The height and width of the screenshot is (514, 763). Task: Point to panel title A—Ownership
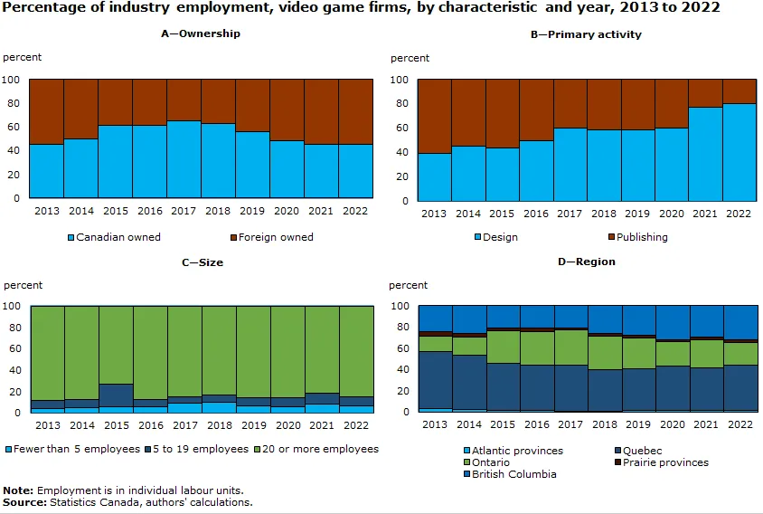[x=202, y=34]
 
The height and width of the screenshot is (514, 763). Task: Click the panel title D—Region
[x=586, y=262]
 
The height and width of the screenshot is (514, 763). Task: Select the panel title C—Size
[x=202, y=262]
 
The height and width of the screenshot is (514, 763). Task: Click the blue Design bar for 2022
[x=739, y=152]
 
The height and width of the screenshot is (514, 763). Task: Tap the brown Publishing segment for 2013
[x=435, y=116]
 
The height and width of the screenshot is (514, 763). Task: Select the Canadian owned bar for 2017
[x=184, y=158]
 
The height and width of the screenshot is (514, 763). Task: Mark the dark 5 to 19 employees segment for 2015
[x=116, y=395]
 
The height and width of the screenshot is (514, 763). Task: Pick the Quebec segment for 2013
[x=435, y=380]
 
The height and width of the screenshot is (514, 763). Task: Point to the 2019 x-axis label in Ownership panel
[x=253, y=212]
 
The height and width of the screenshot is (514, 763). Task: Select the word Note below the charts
[x=17, y=490]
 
